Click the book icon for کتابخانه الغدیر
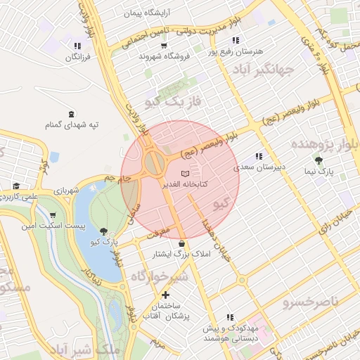185,173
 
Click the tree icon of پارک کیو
104,231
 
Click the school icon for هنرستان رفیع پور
235,41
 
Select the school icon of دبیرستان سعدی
259,156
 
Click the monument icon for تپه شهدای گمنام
71,114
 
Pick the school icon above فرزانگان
77,46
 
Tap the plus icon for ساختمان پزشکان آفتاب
165,295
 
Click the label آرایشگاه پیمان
150,13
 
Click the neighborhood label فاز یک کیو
173,102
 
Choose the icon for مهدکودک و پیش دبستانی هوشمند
229,318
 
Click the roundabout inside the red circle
154,165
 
